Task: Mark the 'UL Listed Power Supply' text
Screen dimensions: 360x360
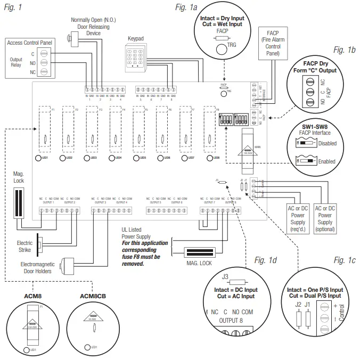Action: point(136,233)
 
